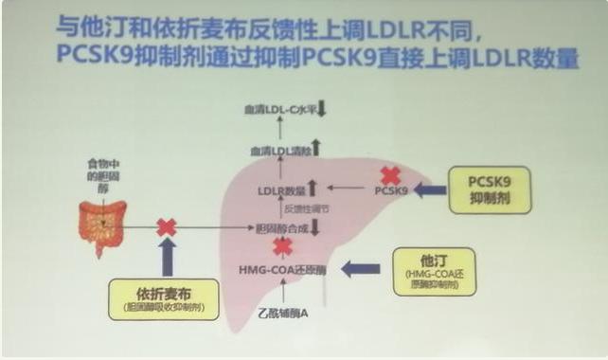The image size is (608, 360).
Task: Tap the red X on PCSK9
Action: pyautogui.click(x=389, y=175)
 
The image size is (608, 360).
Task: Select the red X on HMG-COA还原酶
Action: pyautogui.click(x=282, y=247)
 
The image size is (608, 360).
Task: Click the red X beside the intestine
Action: pyautogui.click(x=167, y=227)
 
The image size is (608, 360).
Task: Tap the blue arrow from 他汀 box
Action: pyautogui.click(x=360, y=269)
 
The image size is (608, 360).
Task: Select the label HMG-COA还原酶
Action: pyautogui.click(x=282, y=270)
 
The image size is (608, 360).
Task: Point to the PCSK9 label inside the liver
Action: pyautogui.click(x=390, y=190)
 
